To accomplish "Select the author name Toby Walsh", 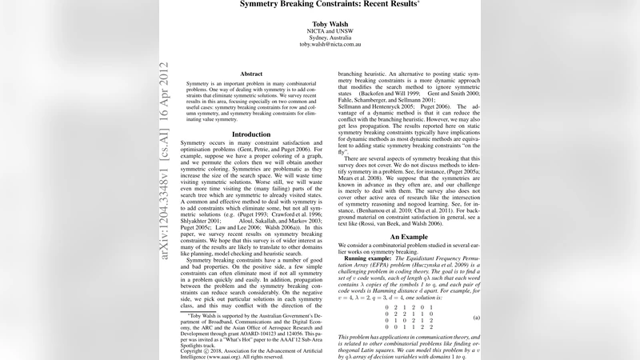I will point(320,23).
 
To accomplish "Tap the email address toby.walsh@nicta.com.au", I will point(320,45).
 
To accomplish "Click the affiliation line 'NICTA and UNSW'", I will point(320,31).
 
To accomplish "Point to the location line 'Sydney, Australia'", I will point(320,38).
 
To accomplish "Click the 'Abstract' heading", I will point(251,74).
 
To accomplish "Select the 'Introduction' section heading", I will point(251,134).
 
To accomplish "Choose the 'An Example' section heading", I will point(403,237).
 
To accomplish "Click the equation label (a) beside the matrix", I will point(476,318).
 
